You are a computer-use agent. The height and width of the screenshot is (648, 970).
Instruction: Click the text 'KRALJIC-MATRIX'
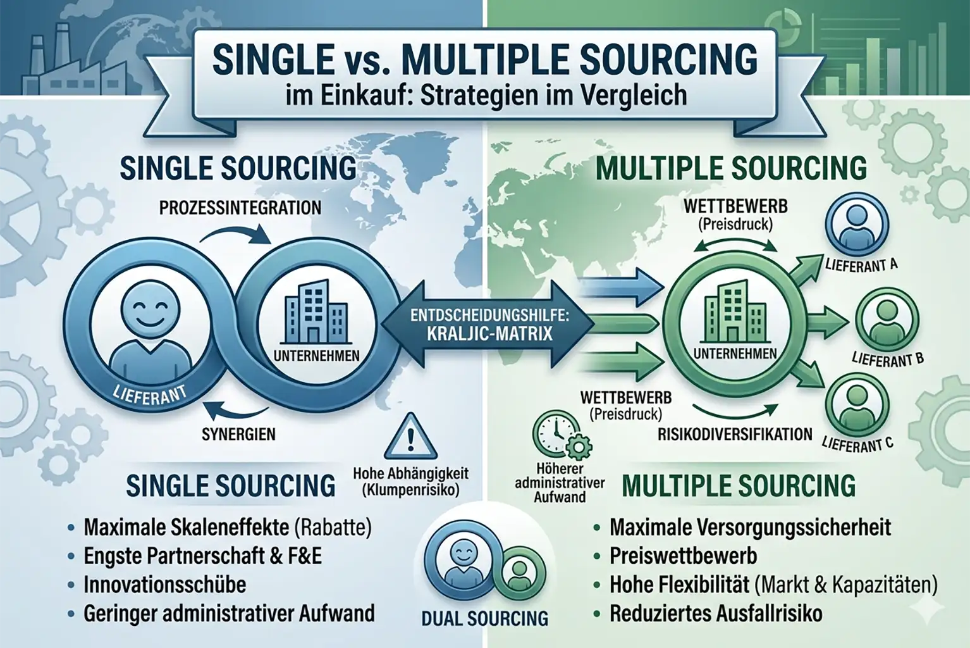[490, 333]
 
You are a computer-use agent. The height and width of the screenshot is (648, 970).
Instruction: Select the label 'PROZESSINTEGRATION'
[240, 208]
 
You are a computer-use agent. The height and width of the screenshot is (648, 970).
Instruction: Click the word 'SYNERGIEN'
[238, 435]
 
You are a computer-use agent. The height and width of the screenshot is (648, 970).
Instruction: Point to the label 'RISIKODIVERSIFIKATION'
[735, 434]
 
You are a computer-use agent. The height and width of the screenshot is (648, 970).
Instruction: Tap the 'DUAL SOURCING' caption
[485, 618]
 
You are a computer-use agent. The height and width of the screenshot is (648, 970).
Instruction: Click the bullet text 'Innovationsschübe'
[164, 584]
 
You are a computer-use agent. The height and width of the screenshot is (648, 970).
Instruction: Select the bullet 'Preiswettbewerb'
[683, 556]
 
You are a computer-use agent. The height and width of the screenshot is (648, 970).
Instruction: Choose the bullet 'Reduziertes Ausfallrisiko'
[716, 613]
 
